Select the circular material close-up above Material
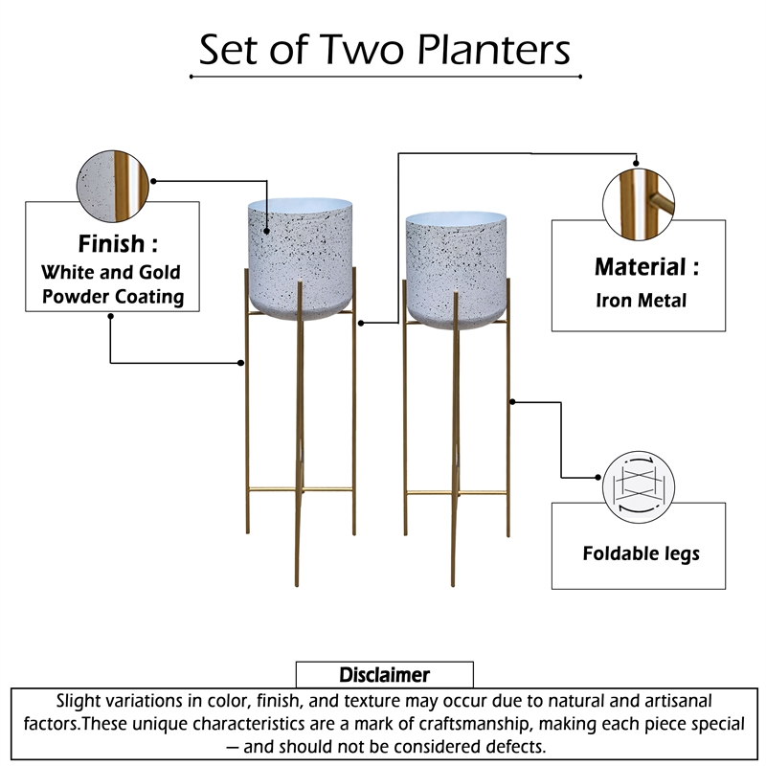[639, 201]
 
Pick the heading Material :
[646, 267]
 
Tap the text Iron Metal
[641, 301]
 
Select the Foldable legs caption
[641, 553]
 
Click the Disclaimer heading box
[384, 674]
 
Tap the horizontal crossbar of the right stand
[455, 495]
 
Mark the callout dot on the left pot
[267, 233]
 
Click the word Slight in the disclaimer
[80, 701]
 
